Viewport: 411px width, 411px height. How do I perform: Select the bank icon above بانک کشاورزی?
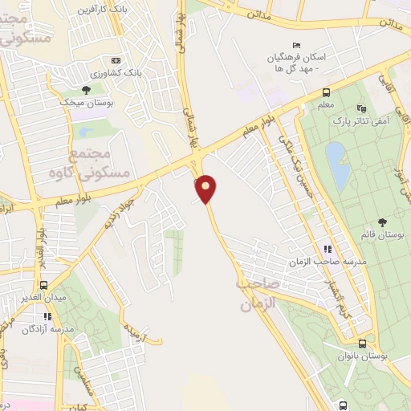(x=116, y=61)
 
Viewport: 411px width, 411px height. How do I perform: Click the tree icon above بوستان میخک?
(x=86, y=89)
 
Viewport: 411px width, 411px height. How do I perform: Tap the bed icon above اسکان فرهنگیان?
(x=297, y=45)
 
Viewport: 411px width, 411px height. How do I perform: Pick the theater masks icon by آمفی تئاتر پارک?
(x=360, y=107)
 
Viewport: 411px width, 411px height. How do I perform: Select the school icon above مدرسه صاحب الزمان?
(x=327, y=249)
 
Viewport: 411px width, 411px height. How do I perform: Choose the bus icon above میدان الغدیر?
(x=44, y=285)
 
